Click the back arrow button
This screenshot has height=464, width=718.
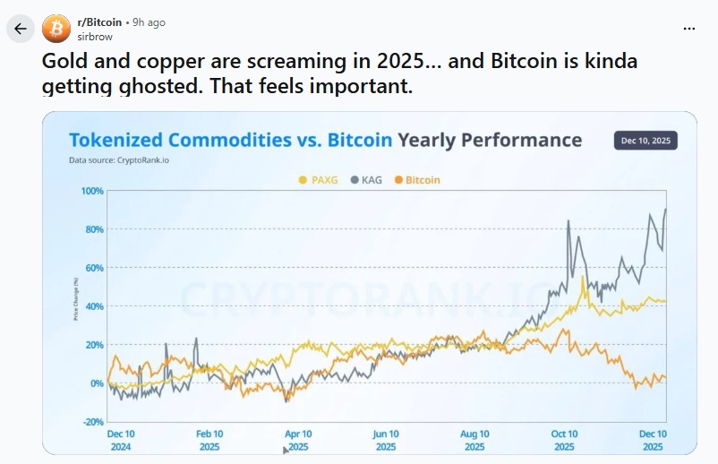(21, 29)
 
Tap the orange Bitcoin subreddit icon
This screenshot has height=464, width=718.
(56, 29)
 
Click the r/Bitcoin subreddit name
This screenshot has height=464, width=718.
(99, 22)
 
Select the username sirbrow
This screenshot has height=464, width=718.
(94, 36)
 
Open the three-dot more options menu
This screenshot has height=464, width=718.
(688, 29)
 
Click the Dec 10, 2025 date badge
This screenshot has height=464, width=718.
(645, 141)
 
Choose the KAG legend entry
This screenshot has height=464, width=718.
(367, 180)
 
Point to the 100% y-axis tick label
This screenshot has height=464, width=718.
(92, 191)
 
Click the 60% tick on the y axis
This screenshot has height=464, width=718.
(94, 268)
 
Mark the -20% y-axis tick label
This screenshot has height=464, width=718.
(93, 422)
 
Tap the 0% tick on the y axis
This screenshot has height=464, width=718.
(97, 383)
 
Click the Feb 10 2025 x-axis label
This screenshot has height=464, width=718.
(209, 440)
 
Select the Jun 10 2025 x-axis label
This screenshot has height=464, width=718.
(386, 440)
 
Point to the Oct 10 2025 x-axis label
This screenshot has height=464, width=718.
(564, 440)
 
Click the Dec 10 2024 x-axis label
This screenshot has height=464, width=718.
(121, 440)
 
